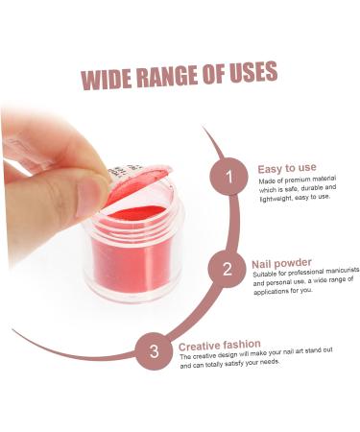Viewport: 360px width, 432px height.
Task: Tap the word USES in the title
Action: tap(252, 72)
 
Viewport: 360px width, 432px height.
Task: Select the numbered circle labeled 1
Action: tap(228, 177)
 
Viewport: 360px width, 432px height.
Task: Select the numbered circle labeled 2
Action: tap(227, 268)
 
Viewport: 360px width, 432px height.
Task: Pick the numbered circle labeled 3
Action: tap(153, 349)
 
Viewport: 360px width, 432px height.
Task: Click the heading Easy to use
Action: tap(286, 169)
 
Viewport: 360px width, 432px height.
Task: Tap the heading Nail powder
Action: tap(281, 262)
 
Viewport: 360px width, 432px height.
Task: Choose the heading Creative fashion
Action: tap(219, 344)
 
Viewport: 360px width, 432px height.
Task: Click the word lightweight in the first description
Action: tap(279, 197)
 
